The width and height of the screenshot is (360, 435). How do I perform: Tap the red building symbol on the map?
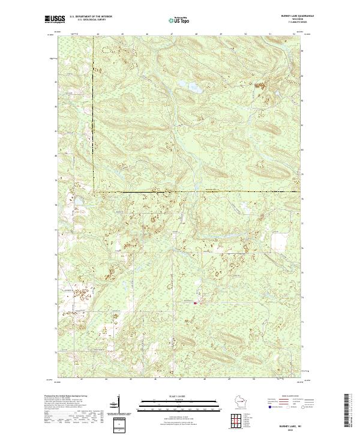click(195, 303)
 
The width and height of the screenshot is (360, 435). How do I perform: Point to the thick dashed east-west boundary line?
click(198, 191)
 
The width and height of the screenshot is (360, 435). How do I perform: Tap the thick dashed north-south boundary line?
click(93, 114)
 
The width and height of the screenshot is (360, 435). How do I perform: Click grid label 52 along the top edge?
click(294, 35)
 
